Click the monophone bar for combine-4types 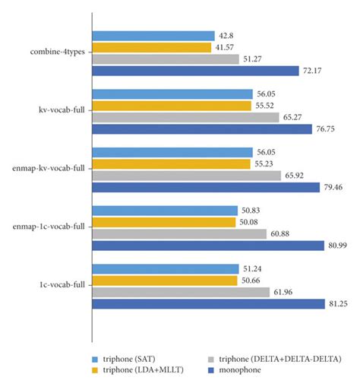(x=195, y=71)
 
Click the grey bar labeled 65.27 (x=185, y=117)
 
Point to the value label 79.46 (x=335, y=187)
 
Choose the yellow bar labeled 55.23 (x=171, y=163)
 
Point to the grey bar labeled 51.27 (x=166, y=59)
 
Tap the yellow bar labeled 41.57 (x=151, y=47)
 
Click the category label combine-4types (x=58, y=53)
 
